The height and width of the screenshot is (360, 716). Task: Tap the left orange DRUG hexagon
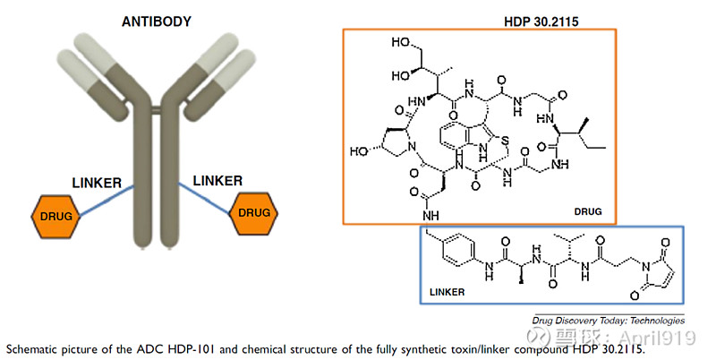pos(55,216)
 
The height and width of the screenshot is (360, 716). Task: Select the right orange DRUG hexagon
pos(253,212)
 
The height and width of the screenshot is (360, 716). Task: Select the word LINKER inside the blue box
pos(448,292)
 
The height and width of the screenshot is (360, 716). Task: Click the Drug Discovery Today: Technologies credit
pos(608,320)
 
